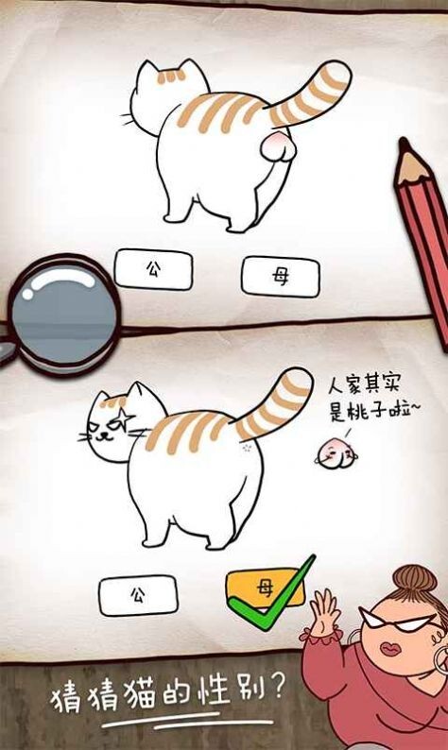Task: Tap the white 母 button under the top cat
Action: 280,276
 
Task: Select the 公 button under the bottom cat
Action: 138,595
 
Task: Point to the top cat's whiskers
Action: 126,120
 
